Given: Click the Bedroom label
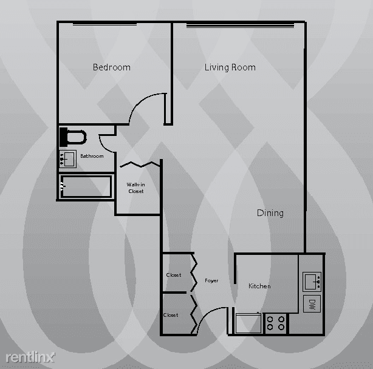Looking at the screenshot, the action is (x=112, y=67).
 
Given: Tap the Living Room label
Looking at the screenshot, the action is (x=230, y=67).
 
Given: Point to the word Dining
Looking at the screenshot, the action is (x=270, y=213).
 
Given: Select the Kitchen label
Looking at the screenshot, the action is (x=259, y=286).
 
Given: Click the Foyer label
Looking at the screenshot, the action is (x=211, y=280).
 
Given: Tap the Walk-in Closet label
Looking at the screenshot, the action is (x=135, y=188).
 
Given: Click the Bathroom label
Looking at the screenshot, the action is (x=92, y=156).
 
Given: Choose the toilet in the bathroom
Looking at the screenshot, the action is (x=73, y=137).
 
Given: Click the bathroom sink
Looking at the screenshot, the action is (x=68, y=159).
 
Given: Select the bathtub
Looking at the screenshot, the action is (x=86, y=187).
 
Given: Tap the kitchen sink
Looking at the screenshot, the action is (x=312, y=282).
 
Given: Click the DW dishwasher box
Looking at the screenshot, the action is (x=312, y=304).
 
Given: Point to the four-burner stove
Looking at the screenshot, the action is (x=276, y=323).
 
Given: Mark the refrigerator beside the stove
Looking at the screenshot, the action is (x=248, y=323).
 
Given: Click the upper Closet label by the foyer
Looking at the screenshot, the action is (x=174, y=275).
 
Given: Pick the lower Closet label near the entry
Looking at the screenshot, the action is (x=171, y=315).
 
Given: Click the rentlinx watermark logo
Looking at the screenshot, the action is (x=30, y=357).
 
